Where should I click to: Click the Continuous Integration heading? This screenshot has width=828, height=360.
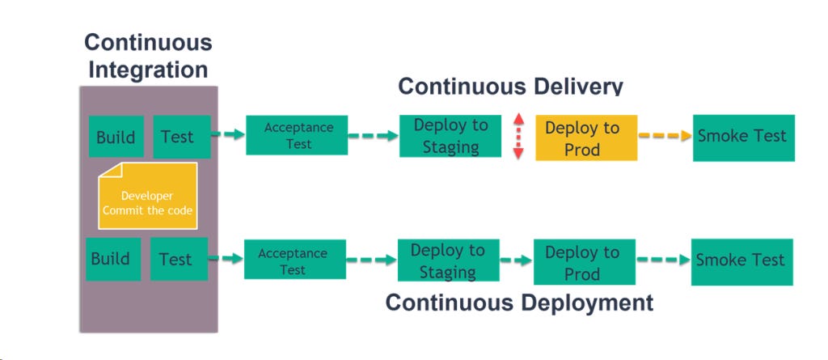click(148, 55)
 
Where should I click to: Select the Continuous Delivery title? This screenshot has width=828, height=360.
click(510, 87)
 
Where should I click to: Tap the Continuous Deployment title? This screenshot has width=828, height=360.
click(518, 303)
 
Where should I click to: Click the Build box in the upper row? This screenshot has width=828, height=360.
click(116, 136)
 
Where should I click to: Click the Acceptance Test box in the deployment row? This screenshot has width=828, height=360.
click(295, 260)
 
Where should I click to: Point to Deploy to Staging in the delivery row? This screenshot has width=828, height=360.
click(450, 136)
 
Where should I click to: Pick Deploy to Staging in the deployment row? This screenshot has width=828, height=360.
click(448, 260)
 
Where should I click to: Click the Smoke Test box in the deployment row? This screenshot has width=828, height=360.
click(741, 260)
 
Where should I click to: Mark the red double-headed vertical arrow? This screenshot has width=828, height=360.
click(519, 135)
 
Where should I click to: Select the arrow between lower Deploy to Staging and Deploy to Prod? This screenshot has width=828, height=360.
click(516, 260)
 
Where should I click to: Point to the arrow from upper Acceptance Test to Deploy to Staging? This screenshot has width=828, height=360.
click(373, 136)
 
